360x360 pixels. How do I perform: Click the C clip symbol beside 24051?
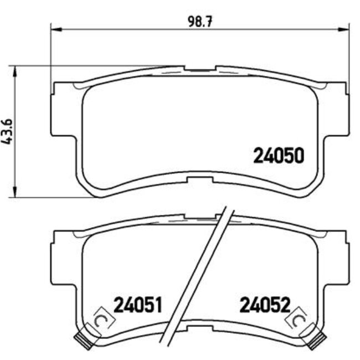(101, 320)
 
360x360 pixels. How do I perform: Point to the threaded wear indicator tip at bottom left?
(83, 340)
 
